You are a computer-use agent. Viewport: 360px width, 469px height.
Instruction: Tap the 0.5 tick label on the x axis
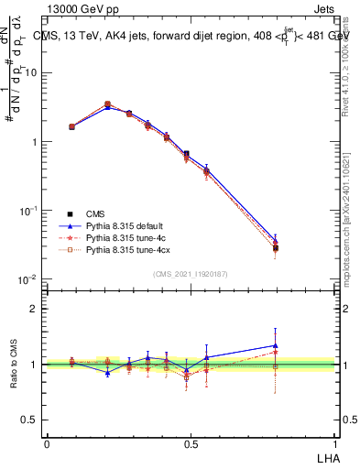(x=189, y=443)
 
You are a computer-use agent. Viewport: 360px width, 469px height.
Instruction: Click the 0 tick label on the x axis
(x=47, y=443)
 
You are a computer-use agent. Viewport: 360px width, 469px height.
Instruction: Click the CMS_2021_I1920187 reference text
(x=189, y=273)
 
